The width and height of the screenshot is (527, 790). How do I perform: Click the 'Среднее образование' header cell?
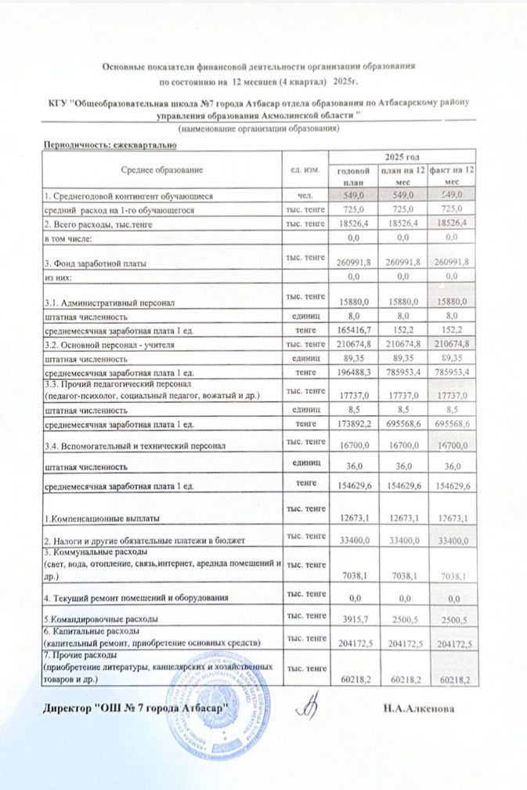(162, 170)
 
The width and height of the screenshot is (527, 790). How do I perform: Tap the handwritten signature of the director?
(308, 704)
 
